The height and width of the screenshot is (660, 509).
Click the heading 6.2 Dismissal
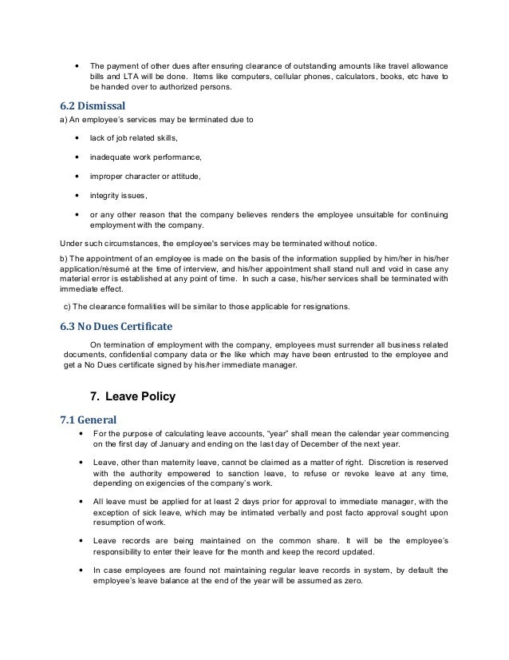click(x=93, y=105)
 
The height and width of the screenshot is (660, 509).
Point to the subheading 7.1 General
click(x=89, y=419)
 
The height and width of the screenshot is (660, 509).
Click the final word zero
click(x=353, y=582)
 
